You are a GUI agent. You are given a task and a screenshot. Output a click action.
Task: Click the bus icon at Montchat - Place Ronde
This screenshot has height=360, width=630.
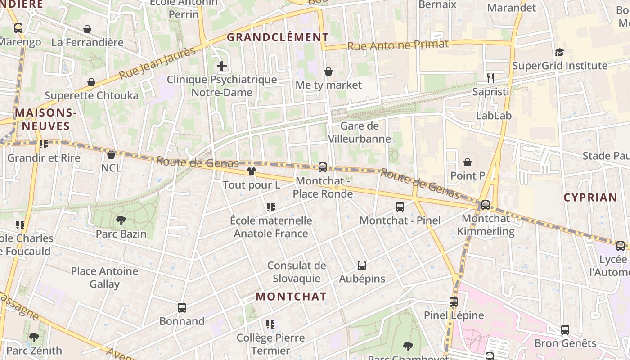pyautogui.click(x=323, y=167)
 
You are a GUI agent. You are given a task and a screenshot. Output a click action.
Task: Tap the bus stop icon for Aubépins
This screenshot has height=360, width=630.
pyautogui.click(x=362, y=265)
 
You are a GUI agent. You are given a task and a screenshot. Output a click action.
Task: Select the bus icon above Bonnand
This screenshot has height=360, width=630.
pyautogui.click(x=182, y=308)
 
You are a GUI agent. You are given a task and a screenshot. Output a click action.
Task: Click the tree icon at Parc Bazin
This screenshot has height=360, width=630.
pyautogui.click(x=121, y=220)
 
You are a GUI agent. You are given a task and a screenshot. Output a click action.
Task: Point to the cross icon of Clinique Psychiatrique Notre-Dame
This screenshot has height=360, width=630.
pyautogui.click(x=222, y=67)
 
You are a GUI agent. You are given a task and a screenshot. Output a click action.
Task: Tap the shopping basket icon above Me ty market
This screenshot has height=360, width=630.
pyautogui.click(x=328, y=72)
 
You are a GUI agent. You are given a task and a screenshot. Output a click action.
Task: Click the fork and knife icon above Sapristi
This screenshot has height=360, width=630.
pyautogui.click(x=490, y=78)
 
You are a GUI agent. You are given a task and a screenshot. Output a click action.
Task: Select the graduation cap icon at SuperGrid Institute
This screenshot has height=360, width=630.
pyautogui.click(x=559, y=53)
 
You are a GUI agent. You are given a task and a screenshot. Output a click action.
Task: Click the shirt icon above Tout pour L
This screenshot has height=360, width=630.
pyautogui.click(x=251, y=171)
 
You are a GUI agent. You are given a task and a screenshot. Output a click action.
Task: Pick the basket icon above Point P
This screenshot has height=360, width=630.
pyautogui.click(x=468, y=162)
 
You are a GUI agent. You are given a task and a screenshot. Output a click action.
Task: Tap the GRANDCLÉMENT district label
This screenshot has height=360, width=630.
pyautogui.click(x=278, y=37)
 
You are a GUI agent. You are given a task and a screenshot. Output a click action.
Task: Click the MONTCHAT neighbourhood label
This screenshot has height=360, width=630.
pyautogui.click(x=291, y=297)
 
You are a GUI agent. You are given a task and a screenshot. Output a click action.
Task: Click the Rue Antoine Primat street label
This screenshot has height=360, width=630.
pyautogui.click(x=398, y=45)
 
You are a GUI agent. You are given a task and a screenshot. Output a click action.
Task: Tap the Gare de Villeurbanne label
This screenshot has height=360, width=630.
pyautogui.click(x=359, y=132)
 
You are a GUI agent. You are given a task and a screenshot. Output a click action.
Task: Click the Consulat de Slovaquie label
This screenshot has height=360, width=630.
pyautogui.click(x=297, y=272)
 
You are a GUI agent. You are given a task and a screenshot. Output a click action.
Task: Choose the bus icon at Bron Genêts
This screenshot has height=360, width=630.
pyautogui.click(x=565, y=330)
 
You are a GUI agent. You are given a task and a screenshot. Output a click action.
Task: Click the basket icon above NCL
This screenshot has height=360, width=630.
pyautogui.click(x=111, y=155)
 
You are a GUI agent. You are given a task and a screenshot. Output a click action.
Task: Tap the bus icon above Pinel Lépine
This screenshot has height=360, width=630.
pyautogui.click(x=454, y=302)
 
